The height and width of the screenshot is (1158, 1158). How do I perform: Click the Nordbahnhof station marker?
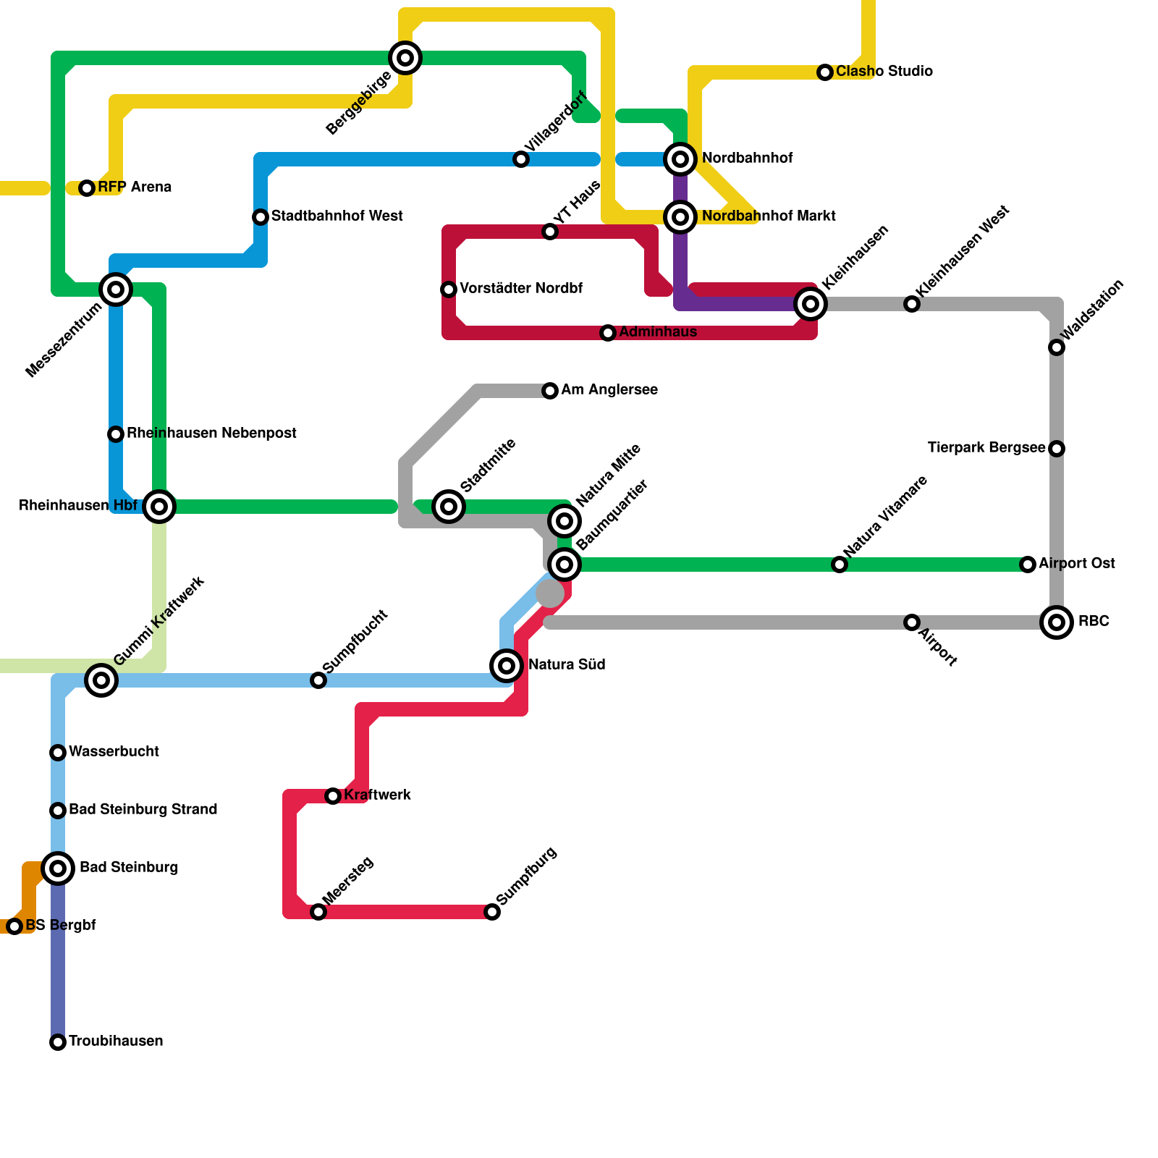(x=680, y=159)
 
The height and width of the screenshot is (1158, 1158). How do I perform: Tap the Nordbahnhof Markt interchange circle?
(x=680, y=216)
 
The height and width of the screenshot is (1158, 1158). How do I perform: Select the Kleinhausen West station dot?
(x=912, y=304)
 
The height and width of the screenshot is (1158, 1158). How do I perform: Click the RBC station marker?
(x=1057, y=622)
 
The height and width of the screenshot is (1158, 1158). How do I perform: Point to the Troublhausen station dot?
(x=58, y=1042)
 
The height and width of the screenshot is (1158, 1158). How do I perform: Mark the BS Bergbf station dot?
(x=14, y=926)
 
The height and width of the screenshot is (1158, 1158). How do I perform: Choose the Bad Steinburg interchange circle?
(x=58, y=868)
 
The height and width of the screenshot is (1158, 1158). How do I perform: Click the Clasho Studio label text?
(x=884, y=72)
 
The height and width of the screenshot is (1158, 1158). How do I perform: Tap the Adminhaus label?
(x=658, y=332)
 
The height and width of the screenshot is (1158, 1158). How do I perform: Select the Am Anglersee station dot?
(x=550, y=391)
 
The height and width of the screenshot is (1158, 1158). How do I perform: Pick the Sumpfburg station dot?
(x=492, y=912)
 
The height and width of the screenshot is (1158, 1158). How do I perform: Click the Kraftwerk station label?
(x=377, y=795)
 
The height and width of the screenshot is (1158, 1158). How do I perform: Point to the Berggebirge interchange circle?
(x=405, y=58)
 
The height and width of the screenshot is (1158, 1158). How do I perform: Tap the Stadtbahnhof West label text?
(x=337, y=216)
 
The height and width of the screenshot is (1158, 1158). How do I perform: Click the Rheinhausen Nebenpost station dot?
(x=116, y=434)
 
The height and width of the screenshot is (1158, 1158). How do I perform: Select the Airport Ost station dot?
(x=1028, y=565)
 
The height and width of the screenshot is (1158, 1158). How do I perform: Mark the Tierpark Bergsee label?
(x=986, y=448)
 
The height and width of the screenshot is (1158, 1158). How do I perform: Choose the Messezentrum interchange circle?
(x=116, y=289)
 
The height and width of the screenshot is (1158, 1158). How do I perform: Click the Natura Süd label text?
(x=566, y=665)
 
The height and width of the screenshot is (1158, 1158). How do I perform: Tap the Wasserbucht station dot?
(x=58, y=753)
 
